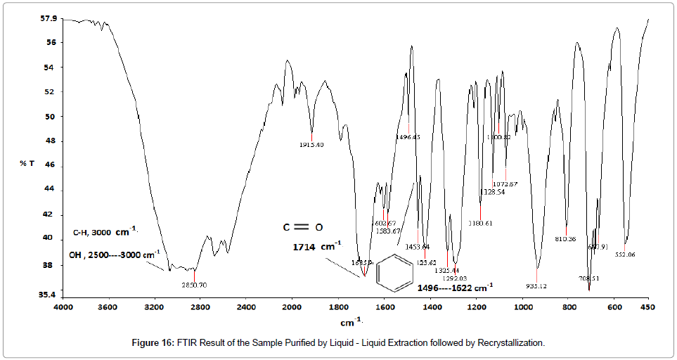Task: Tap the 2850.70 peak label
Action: click(x=195, y=285)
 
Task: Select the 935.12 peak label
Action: click(x=537, y=286)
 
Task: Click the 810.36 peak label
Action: click(x=565, y=239)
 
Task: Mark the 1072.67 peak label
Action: click(x=505, y=184)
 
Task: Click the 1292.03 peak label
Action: click(x=454, y=278)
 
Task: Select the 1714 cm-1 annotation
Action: click(x=317, y=247)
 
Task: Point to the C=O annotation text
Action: click(x=303, y=227)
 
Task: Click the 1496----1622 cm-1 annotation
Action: click(x=455, y=288)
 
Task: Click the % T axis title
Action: click(x=27, y=163)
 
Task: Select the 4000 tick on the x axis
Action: click(x=63, y=308)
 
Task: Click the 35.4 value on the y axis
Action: click(x=48, y=295)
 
